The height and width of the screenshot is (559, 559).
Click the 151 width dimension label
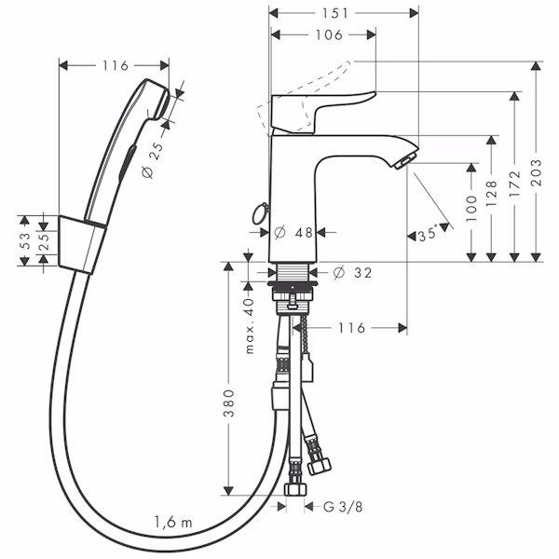click(335, 14)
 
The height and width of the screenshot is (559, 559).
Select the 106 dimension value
click(329, 35)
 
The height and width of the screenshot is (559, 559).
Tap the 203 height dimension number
click(536, 173)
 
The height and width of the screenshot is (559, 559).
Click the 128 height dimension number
click(491, 194)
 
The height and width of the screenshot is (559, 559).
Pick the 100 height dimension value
click(471, 209)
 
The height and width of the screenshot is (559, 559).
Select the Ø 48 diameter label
click(293, 233)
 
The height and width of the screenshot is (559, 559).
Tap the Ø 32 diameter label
click(352, 273)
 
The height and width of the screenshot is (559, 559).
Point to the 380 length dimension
click(228, 403)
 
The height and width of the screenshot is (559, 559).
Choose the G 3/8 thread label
click(343, 507)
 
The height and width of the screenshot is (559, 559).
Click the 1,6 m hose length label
click(173, 523)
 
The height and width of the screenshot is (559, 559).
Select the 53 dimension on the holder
click(24, 241)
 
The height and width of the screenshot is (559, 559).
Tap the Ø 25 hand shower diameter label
click(153, 160)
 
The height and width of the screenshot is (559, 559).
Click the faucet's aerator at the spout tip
click(405, 161)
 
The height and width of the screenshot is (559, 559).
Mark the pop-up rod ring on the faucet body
click(260, 213)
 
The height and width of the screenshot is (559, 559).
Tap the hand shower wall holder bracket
click(82, 244)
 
